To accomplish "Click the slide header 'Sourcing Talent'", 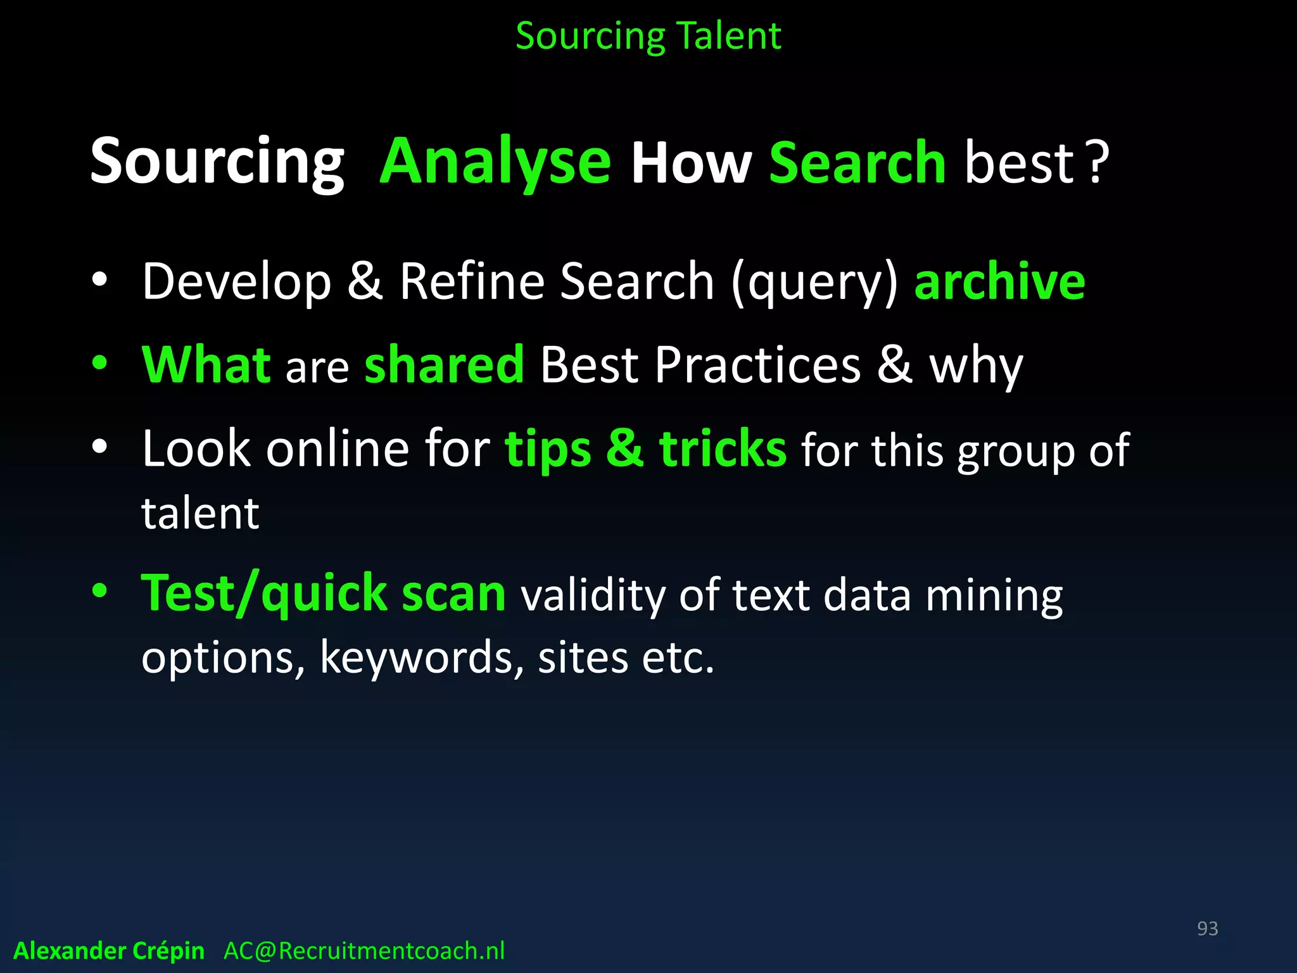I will click(x=648, y=36).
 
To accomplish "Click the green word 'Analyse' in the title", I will click(x=495, y=162).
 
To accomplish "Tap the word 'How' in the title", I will click(x=691, y=163).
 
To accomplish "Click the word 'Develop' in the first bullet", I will click(x=236, y=282).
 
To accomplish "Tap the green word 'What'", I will click(x=206, y=365).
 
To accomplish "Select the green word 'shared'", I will click(x=444, y=365).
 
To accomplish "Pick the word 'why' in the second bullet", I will click(x=975, y=367).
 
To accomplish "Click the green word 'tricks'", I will click(x=723, y=448).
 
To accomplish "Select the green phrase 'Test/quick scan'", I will click(x=323, y=594).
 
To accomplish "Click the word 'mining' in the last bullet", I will click(x=994, y=595).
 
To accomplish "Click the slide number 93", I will click(x=1207, y=929).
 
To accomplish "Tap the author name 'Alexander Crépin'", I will click(x=109, y=951).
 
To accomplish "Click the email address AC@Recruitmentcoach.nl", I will click(x=364, y=951).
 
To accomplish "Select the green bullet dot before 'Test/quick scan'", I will click(x=99, y=591).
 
